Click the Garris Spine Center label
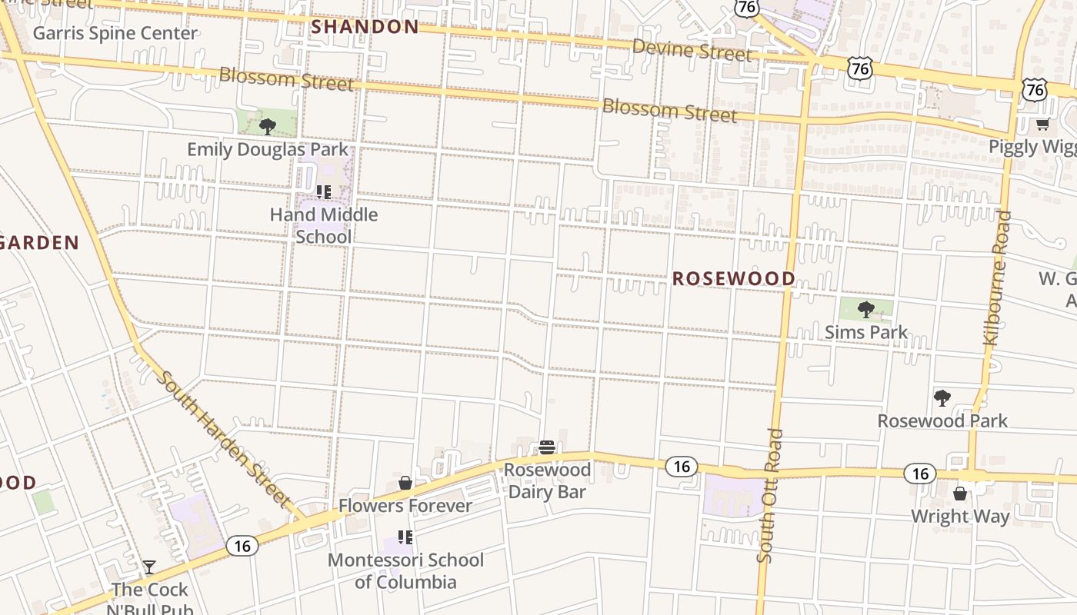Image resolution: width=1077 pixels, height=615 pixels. click(x=115, y=33)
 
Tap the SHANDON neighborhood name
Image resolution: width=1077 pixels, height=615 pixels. click(x=365, y=27)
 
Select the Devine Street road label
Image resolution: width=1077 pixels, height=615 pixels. click(x=692, y=51)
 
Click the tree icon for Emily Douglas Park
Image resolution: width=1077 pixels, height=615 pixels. click(x=268, y=126)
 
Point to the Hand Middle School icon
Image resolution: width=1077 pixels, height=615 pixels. click(x=323, y=191)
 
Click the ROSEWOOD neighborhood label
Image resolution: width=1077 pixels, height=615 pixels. click(x=734, y=278)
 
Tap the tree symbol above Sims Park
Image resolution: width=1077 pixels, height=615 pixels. click(x=866, y=310)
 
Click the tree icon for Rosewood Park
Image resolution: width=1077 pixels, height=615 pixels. click(x=942, y=397)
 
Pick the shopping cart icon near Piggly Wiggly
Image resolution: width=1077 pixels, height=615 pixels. click(x=1042, y=124)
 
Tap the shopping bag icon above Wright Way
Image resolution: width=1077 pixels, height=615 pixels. click(x=959, y=493)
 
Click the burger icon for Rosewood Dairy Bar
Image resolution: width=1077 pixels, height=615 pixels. click(x=547, y=447)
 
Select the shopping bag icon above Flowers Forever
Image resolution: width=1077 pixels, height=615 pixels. click(x=405, y=483)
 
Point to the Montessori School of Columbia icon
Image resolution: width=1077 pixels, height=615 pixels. click(x=405, y=537)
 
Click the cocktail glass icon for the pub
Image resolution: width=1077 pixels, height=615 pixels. click(x=149, y=567)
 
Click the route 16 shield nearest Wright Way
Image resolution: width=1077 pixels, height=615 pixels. click(x=920, y=473)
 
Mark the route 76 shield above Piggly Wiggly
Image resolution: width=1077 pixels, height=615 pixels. click(x=1035, y=89)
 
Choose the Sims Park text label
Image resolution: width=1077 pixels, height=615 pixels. click(x=866, y=332)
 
